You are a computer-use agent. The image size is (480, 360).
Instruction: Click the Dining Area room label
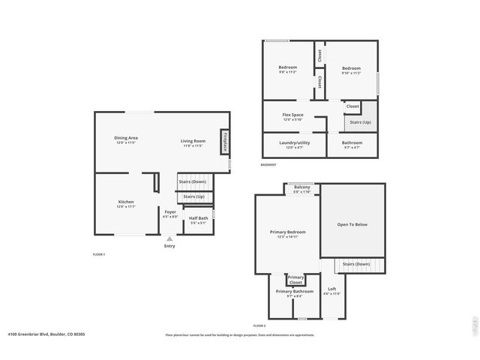coord(125,138)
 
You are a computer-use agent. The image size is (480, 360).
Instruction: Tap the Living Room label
coord(193,141)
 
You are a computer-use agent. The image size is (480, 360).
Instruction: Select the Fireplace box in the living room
coord(223,142)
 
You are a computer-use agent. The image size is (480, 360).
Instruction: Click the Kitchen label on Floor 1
coord(126,202)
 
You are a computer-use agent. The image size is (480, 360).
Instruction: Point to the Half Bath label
coord(198,219)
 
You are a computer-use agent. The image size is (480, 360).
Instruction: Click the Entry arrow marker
coord(169,239)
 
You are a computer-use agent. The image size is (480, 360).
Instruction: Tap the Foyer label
coord(170,212)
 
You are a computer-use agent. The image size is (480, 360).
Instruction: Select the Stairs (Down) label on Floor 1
coord(192,181)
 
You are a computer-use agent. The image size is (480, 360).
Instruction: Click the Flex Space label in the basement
coord(292,115)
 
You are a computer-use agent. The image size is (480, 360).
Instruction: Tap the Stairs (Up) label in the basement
coord(361,121)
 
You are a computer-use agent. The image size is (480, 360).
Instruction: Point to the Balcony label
coord(301,187)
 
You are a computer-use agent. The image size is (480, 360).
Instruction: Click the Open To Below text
coord(352,223)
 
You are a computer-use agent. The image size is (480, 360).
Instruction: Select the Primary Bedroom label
coord(287,232)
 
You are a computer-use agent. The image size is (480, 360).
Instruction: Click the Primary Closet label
coord(295,280)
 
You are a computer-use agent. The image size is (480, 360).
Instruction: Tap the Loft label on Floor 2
coord(331,289)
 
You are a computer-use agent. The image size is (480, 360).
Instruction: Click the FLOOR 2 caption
coord(259,325)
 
